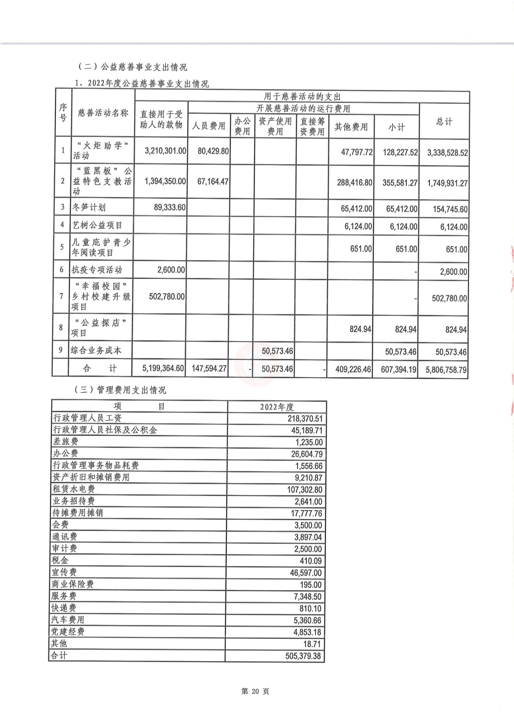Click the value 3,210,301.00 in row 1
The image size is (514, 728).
click(x=165, y=151)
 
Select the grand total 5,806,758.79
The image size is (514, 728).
click(x=446, y=370)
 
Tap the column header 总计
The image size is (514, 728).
click(x=444, y=121)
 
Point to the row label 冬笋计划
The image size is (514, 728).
click(x=89, y=207)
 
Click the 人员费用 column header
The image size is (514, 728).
click(x=209, y=126)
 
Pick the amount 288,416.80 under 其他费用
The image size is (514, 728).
click(x=354, y=182)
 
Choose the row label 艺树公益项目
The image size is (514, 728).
click(x=97, y=225)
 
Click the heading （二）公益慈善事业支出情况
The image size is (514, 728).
click(x=133, y=67)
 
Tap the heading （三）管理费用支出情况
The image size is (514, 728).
click(x=120, y=390)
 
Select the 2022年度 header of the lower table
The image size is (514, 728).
click(x=277, y=407)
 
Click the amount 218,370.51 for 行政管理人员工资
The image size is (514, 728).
click(x=305, y=419)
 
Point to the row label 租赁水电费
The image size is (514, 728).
click(x=74, y=489)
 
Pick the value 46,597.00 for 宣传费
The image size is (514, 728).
click(x=306, y=573)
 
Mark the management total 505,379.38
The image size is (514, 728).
click(x=303, y=656)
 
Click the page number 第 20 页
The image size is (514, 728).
click(x=255, y=691)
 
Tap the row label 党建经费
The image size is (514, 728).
click(x=68, y=632)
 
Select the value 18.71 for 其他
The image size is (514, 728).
click(x=312, y=644)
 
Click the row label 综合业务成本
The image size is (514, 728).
click(x=96, y=350)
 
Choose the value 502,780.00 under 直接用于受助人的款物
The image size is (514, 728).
click(x=167, y=297)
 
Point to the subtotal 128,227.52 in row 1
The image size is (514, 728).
click(x=400, y=152)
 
